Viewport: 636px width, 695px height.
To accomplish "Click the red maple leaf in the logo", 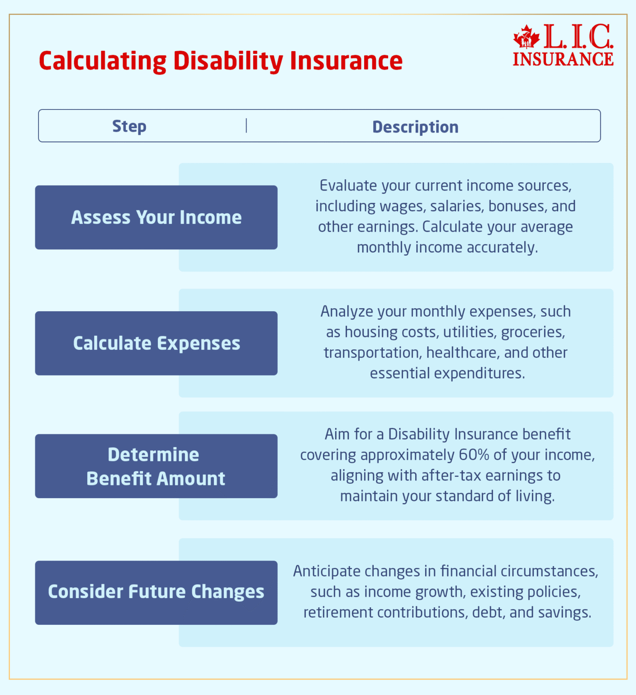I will pyautogui.click(x=526, y=38).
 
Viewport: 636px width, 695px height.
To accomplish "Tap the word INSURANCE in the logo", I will pyautogui.click(x=563, y=59).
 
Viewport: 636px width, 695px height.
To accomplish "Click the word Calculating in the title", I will pyautogui.click(x=103, y=61).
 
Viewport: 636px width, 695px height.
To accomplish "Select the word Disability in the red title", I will pyautogui.click(x=228, y=61).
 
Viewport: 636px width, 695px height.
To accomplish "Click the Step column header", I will pyautogui.click(x=129, y=126).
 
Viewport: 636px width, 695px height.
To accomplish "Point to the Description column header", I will pyautogui.click(x=415, y=127).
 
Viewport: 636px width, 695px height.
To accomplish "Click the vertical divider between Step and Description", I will pyautogui.click(x=246, y=126).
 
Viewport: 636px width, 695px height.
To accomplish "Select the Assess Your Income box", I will pyautogui.click(x=156, y=217).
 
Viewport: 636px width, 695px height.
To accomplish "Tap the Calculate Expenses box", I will pyautogui.click(x=156, y=343).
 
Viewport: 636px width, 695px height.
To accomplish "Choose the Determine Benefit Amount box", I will pyautogui.click(x=156, y=466).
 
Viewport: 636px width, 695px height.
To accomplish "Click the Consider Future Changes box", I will pyautogui.click(x=156, y=592).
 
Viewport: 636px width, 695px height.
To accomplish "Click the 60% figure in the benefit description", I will pyautogui.click(x=474, y=455).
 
